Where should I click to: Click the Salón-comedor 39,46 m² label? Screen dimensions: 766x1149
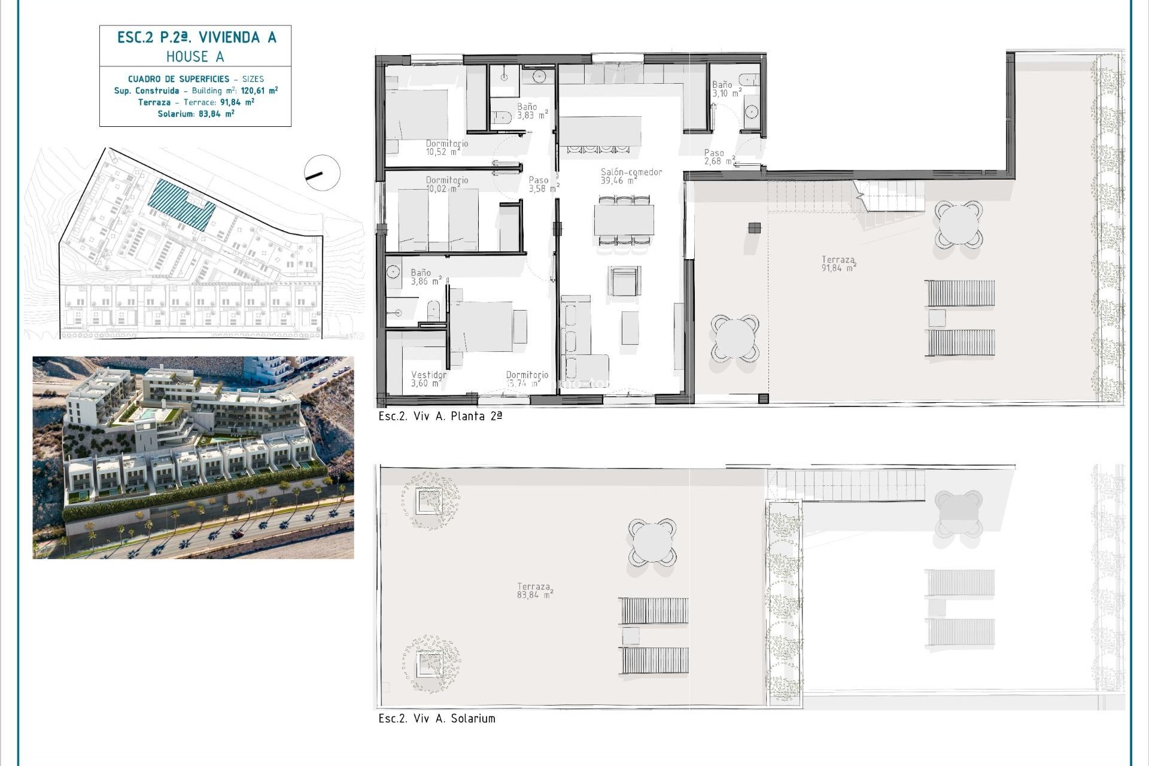pos(631,176)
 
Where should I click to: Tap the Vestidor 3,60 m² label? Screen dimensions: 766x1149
pos(428,379)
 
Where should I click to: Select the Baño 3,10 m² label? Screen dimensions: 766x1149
pos(726,89)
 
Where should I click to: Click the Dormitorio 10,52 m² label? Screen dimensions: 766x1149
pos(446,147)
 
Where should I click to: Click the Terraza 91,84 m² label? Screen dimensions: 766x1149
pos(838,263)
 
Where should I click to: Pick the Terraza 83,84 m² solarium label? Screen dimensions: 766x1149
pos(534,591)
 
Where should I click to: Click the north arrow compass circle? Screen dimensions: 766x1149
pos(322,173)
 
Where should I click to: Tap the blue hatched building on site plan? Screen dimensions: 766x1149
pos(181,203)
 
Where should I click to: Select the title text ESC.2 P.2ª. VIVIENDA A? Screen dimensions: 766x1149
pos(196,38)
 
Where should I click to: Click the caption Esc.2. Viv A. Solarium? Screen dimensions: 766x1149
pos(436,719)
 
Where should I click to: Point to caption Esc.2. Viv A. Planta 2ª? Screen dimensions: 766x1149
pos(440,417)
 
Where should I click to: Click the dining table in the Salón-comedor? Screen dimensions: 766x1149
pos(624,220)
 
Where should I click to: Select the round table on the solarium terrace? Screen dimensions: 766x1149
pos(652,542)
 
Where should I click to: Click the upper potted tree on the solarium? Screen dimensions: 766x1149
pos(430,500)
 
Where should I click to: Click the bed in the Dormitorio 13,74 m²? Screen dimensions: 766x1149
pos(482,326)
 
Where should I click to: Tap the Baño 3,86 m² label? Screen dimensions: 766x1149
pos(425,276)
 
